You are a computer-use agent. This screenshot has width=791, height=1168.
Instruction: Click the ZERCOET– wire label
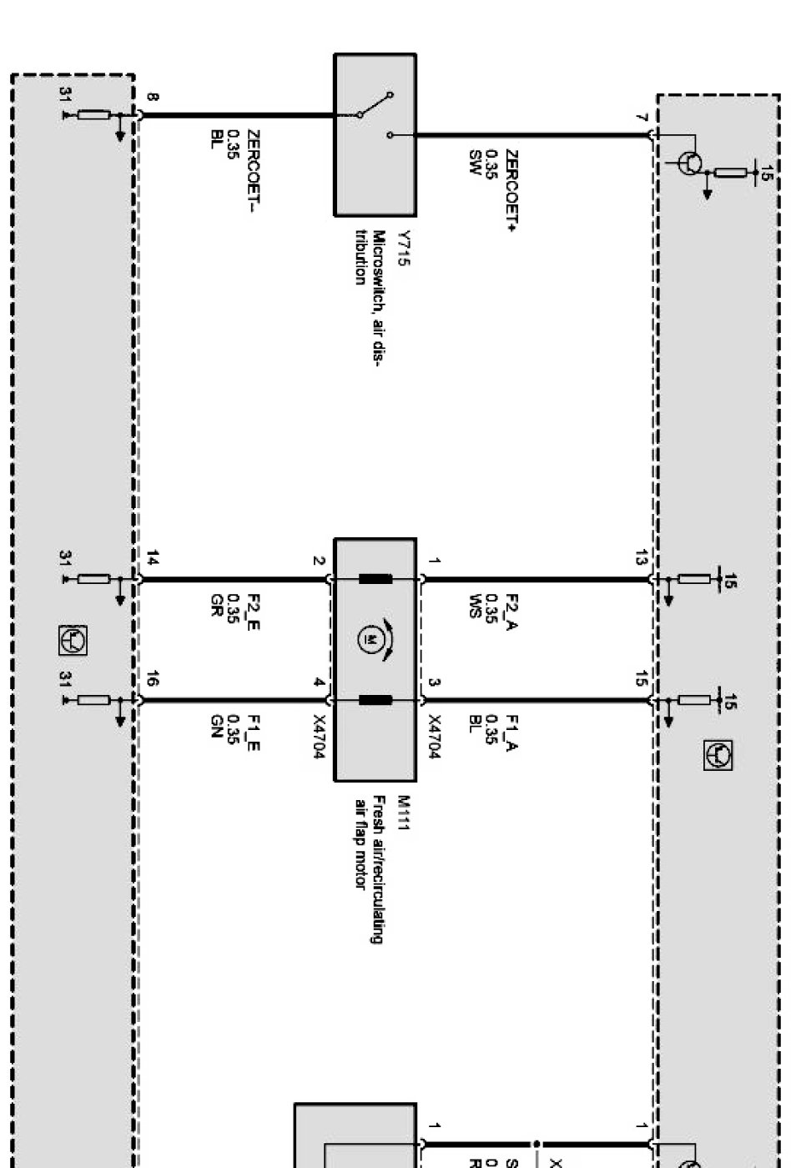253,170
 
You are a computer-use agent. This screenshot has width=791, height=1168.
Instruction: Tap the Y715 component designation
405,248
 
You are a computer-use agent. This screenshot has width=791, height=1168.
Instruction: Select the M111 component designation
405,813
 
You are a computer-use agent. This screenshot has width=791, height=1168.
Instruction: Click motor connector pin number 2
318,561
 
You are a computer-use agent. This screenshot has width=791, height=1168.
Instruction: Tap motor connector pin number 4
318,682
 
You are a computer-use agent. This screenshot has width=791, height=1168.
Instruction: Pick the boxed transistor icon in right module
718,755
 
